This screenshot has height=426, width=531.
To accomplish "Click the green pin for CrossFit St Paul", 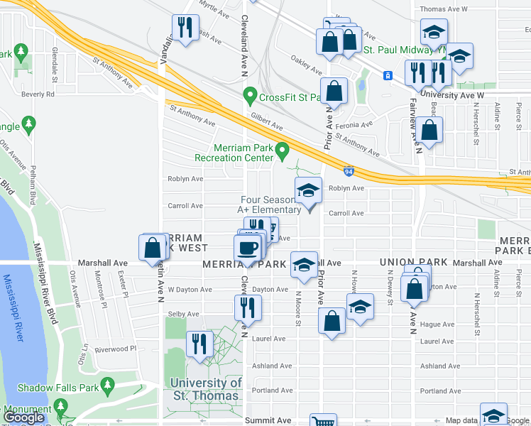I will tap(249, 94).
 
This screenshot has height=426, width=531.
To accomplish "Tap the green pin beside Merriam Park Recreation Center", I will tap(283, 150).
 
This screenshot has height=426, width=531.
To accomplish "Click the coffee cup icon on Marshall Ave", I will tap(247, 248).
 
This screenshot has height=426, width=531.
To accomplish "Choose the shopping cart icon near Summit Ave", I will tap(323, 421).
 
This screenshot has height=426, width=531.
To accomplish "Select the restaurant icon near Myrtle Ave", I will tap(185, 28).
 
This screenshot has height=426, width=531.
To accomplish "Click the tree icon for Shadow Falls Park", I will tap(107, 387).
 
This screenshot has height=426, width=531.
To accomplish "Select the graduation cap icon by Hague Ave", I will tap(360, 307).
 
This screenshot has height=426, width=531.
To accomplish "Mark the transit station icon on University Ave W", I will tap(388, 75).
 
